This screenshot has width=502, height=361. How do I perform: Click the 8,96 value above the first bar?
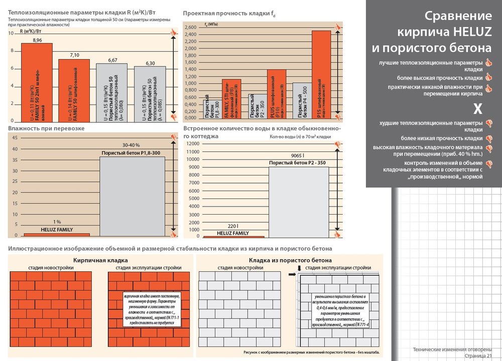(37, 40)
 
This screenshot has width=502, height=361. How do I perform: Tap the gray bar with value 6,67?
(112, 93)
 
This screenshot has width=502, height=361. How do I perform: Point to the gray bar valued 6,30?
(150, 94)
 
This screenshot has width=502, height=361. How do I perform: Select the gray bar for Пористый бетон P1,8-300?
(132, 196)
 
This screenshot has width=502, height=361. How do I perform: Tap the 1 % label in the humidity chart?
(57, 222)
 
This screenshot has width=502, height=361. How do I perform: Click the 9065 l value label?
(297, 156)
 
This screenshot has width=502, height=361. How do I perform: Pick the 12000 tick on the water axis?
(193, 144)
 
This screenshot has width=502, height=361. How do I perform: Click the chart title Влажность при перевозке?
(46, 129)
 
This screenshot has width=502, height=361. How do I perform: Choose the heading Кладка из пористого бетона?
(290, 260)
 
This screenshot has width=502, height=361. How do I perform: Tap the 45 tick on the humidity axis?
(15, 137)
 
